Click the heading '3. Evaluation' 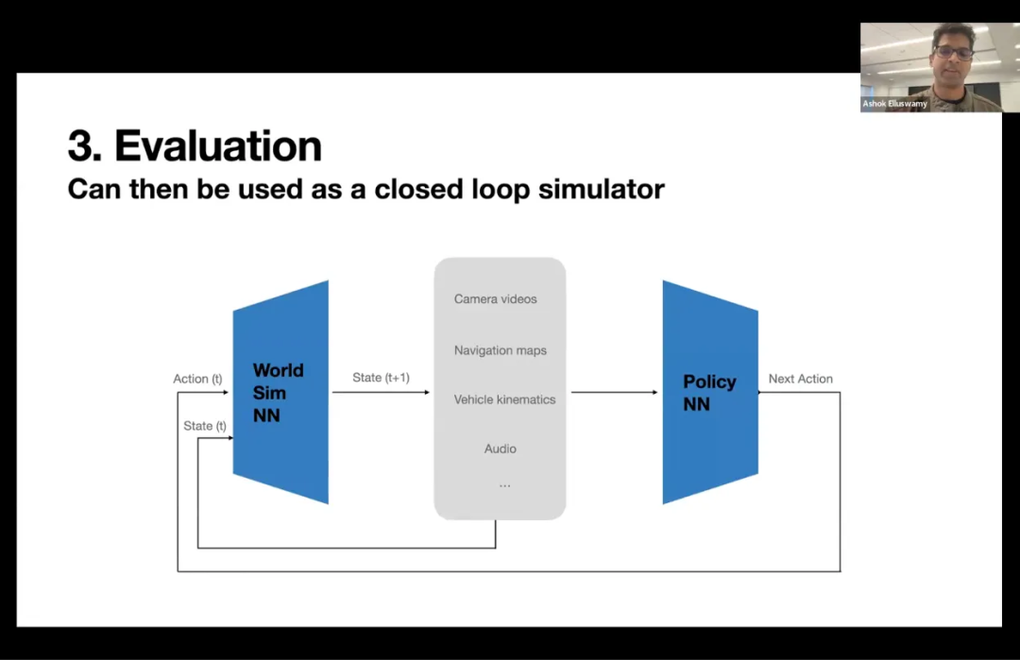(195, 146)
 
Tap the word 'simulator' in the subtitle (602, 189)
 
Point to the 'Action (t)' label (197, 379)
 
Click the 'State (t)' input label (205, 426)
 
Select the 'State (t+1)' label (381, 378)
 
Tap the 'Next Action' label (800, 379)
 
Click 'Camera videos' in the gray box (495, 299)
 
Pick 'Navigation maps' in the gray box (500, 350)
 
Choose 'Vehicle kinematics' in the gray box (504, 399)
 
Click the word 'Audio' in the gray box (500, 448)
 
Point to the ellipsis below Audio (504, 485)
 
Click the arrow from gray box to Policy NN (614, 393)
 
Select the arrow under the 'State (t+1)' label (381, 393)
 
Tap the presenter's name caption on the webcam (894, 104)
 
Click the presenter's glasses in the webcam (952, 51)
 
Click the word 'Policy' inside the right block (709, 381)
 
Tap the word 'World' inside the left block (278, 370)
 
